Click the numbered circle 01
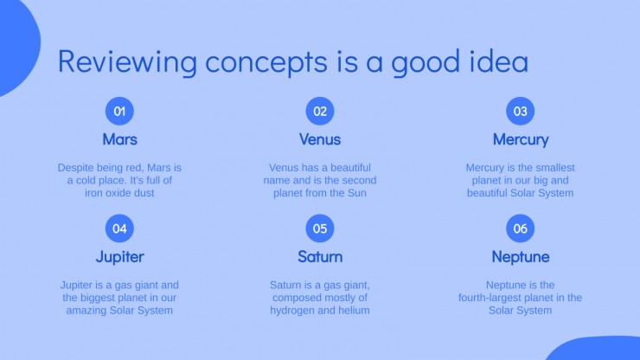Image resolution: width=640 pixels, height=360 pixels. (119, 111)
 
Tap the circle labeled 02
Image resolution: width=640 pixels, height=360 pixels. (320, 111)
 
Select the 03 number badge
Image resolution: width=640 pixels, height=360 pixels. (521, 111)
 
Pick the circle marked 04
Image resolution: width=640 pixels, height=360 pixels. (119, 228)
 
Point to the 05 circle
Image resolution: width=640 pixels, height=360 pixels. (320, 228)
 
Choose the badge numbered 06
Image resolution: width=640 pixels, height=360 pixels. (521, 228)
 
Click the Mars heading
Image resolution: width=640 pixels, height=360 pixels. (119, 139)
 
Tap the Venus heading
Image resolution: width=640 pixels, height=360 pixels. (320, 139)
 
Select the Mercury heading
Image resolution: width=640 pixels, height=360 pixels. (521, 139)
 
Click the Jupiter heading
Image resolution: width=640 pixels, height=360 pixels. (119, 257)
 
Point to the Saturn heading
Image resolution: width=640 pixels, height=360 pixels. (320, 257)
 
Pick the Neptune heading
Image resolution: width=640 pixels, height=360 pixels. (521, 257)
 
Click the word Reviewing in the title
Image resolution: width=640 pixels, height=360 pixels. (127, 62)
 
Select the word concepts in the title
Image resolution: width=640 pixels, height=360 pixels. (266, 63)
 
